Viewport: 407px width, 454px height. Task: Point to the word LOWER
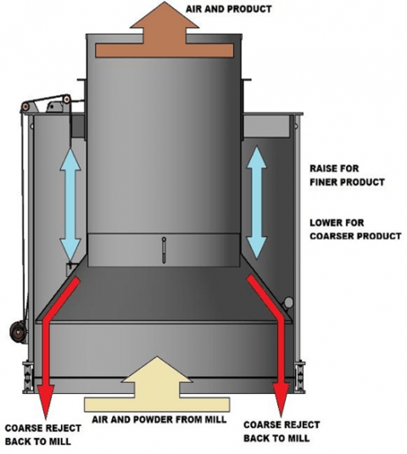(x=326, y=222)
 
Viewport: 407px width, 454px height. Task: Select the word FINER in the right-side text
(x=326, y=182)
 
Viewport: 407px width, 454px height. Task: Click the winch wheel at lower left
(x=14, y=332)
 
